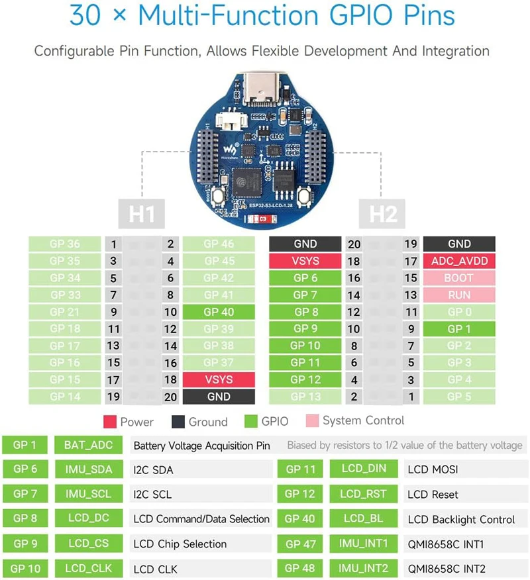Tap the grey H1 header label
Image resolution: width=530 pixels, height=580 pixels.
tap(142, 215)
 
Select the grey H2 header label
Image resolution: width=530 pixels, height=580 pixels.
tap(384, 215)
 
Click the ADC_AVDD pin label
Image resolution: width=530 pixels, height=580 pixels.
tap(459, 261)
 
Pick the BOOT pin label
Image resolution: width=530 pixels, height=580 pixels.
tap(459, 278)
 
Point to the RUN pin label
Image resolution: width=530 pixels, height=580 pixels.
tap(459, 295)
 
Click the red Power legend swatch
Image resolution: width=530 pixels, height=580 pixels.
tap(110, 422)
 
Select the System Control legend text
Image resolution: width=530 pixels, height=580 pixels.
tap(363, 421)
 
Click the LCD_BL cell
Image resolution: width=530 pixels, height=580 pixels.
tap(363, 519)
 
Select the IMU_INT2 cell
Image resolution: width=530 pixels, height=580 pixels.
tap(363, 568)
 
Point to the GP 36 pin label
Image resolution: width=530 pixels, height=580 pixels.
tap(64, 244)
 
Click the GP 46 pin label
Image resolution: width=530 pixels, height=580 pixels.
tap(219, 244)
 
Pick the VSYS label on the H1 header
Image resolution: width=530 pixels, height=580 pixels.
tap(219, 379)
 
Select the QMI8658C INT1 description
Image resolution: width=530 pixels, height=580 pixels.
tap(447, 544)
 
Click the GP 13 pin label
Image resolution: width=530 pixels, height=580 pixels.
tap(305, 397)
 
